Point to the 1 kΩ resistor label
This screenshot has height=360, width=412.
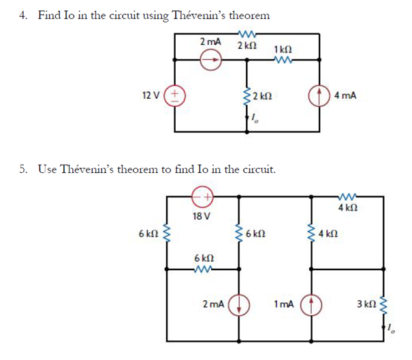point(283,49)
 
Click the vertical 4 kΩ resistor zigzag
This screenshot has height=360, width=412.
point(311,233)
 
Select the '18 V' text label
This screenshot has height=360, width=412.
point(202,216)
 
